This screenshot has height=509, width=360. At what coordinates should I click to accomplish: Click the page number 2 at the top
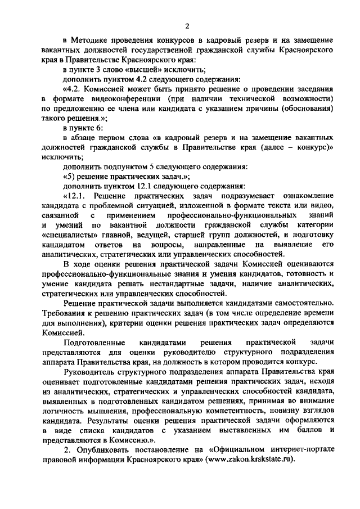(x=187, y=25)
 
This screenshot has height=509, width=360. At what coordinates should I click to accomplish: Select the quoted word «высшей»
(x=128, y=70)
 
